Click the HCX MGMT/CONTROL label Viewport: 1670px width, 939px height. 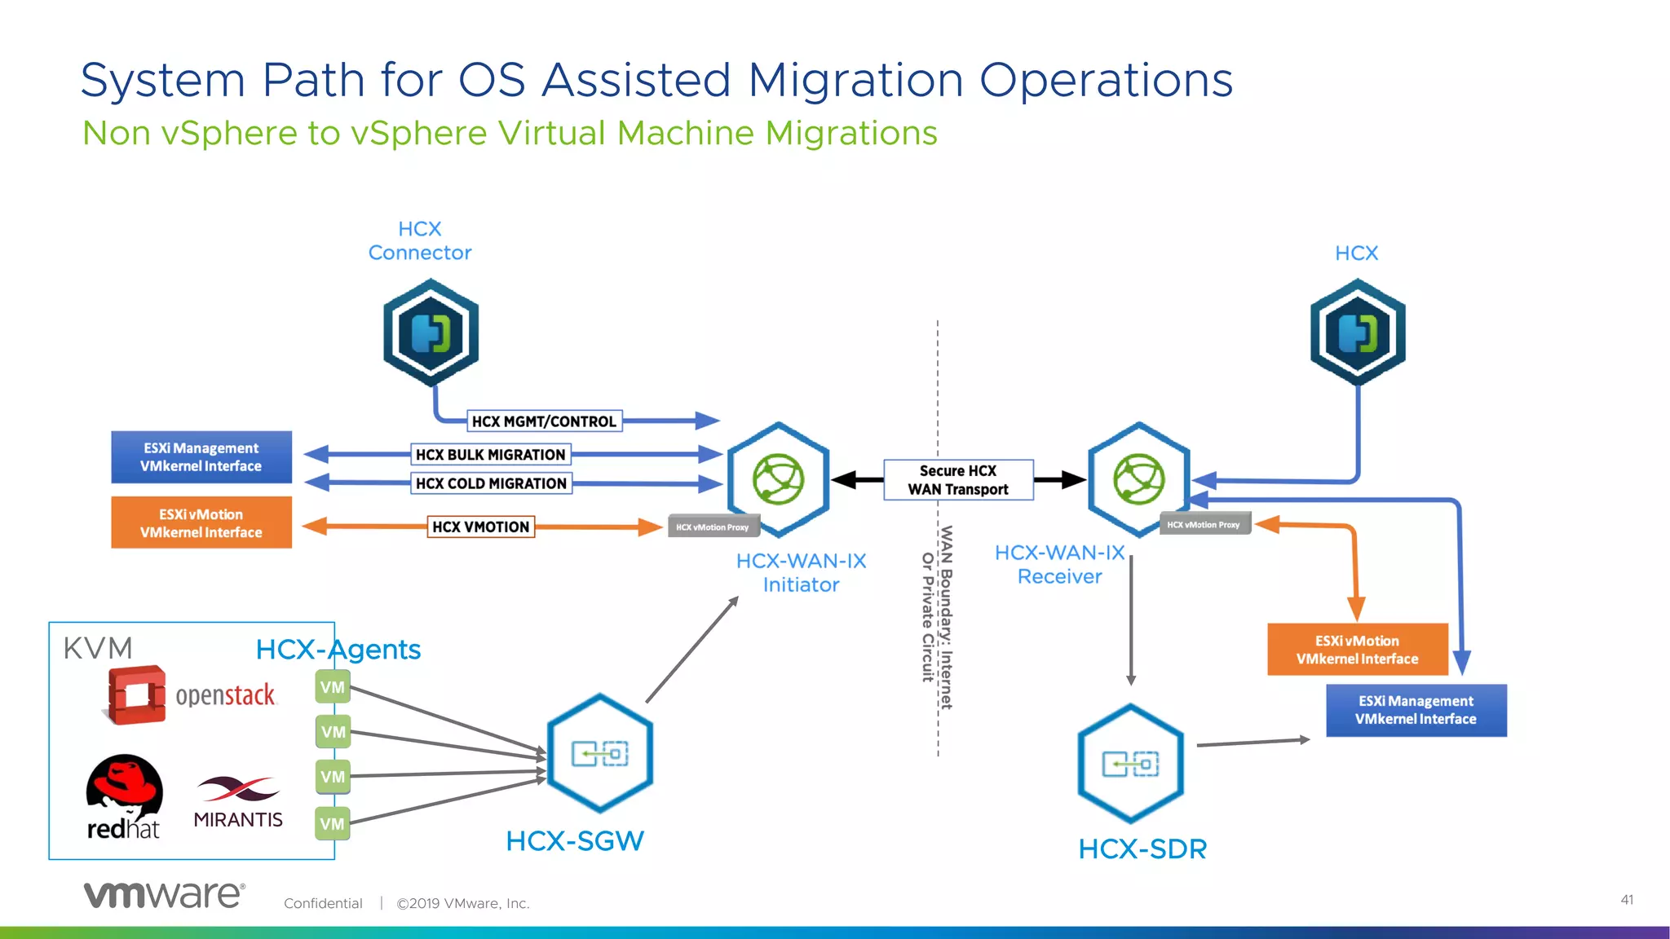[x=544, y=421]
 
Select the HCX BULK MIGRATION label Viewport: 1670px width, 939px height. [x=490, y=455]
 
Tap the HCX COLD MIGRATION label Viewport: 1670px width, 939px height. [x=491, y=483]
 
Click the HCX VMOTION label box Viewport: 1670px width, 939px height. [x=481, y=527]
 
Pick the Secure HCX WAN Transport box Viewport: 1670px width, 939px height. [x=958, y=480]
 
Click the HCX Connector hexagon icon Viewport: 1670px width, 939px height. [x=431, y=333]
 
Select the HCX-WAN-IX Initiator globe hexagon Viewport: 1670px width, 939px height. [x=779, y=479]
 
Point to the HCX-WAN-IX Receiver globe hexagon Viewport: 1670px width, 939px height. [x=1139, y=479]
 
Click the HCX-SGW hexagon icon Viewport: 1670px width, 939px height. [x=600, y=753]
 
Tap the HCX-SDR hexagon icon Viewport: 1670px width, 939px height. [x=1130, y=764]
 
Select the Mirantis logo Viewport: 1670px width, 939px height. [x=238, y=803]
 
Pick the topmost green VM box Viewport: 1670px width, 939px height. [x=333, y=687]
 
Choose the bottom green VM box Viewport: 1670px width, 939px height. [x=333, y=824]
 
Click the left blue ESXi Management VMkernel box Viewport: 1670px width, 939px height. [x=201, y=457]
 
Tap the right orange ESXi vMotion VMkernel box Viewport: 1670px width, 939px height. [x=1357, y=650]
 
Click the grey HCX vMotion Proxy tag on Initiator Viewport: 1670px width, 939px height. [x=713, y=527]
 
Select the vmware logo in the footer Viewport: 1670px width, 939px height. [x=164, y=895]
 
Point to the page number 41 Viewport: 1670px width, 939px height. [x=1627, y=900]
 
